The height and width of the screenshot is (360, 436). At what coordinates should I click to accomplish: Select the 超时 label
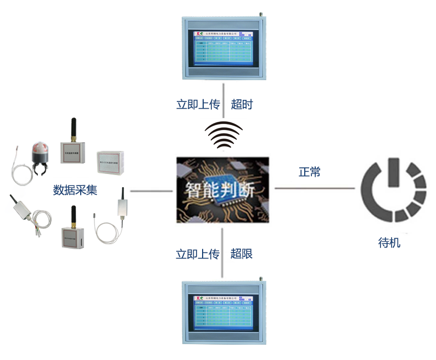click(242, 104)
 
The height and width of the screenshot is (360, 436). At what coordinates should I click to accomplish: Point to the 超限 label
click(242, 254)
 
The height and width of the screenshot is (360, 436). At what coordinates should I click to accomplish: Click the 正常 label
click(309, 172)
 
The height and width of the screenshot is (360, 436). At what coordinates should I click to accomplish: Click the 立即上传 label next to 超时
click(198, 104)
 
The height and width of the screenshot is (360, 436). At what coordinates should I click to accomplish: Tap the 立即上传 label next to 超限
click(198, 254)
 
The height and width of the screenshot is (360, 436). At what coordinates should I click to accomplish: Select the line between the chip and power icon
click(314, 188)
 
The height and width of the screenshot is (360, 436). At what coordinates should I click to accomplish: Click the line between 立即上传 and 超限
click(222, 252)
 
